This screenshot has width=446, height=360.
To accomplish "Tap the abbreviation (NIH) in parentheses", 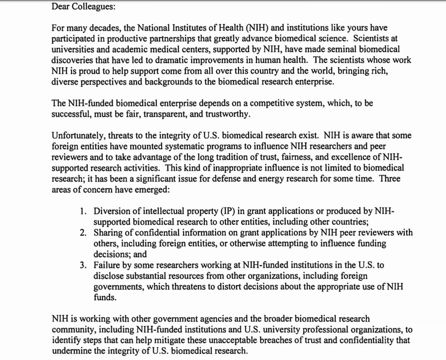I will (258, 28).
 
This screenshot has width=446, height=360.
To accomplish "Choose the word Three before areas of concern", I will (390, 179).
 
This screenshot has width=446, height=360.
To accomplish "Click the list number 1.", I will (83, 211).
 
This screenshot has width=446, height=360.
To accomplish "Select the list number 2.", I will (83, 233).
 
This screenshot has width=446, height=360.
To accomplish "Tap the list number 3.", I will (83, 265).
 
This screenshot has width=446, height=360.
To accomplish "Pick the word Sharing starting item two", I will (108, 233).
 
